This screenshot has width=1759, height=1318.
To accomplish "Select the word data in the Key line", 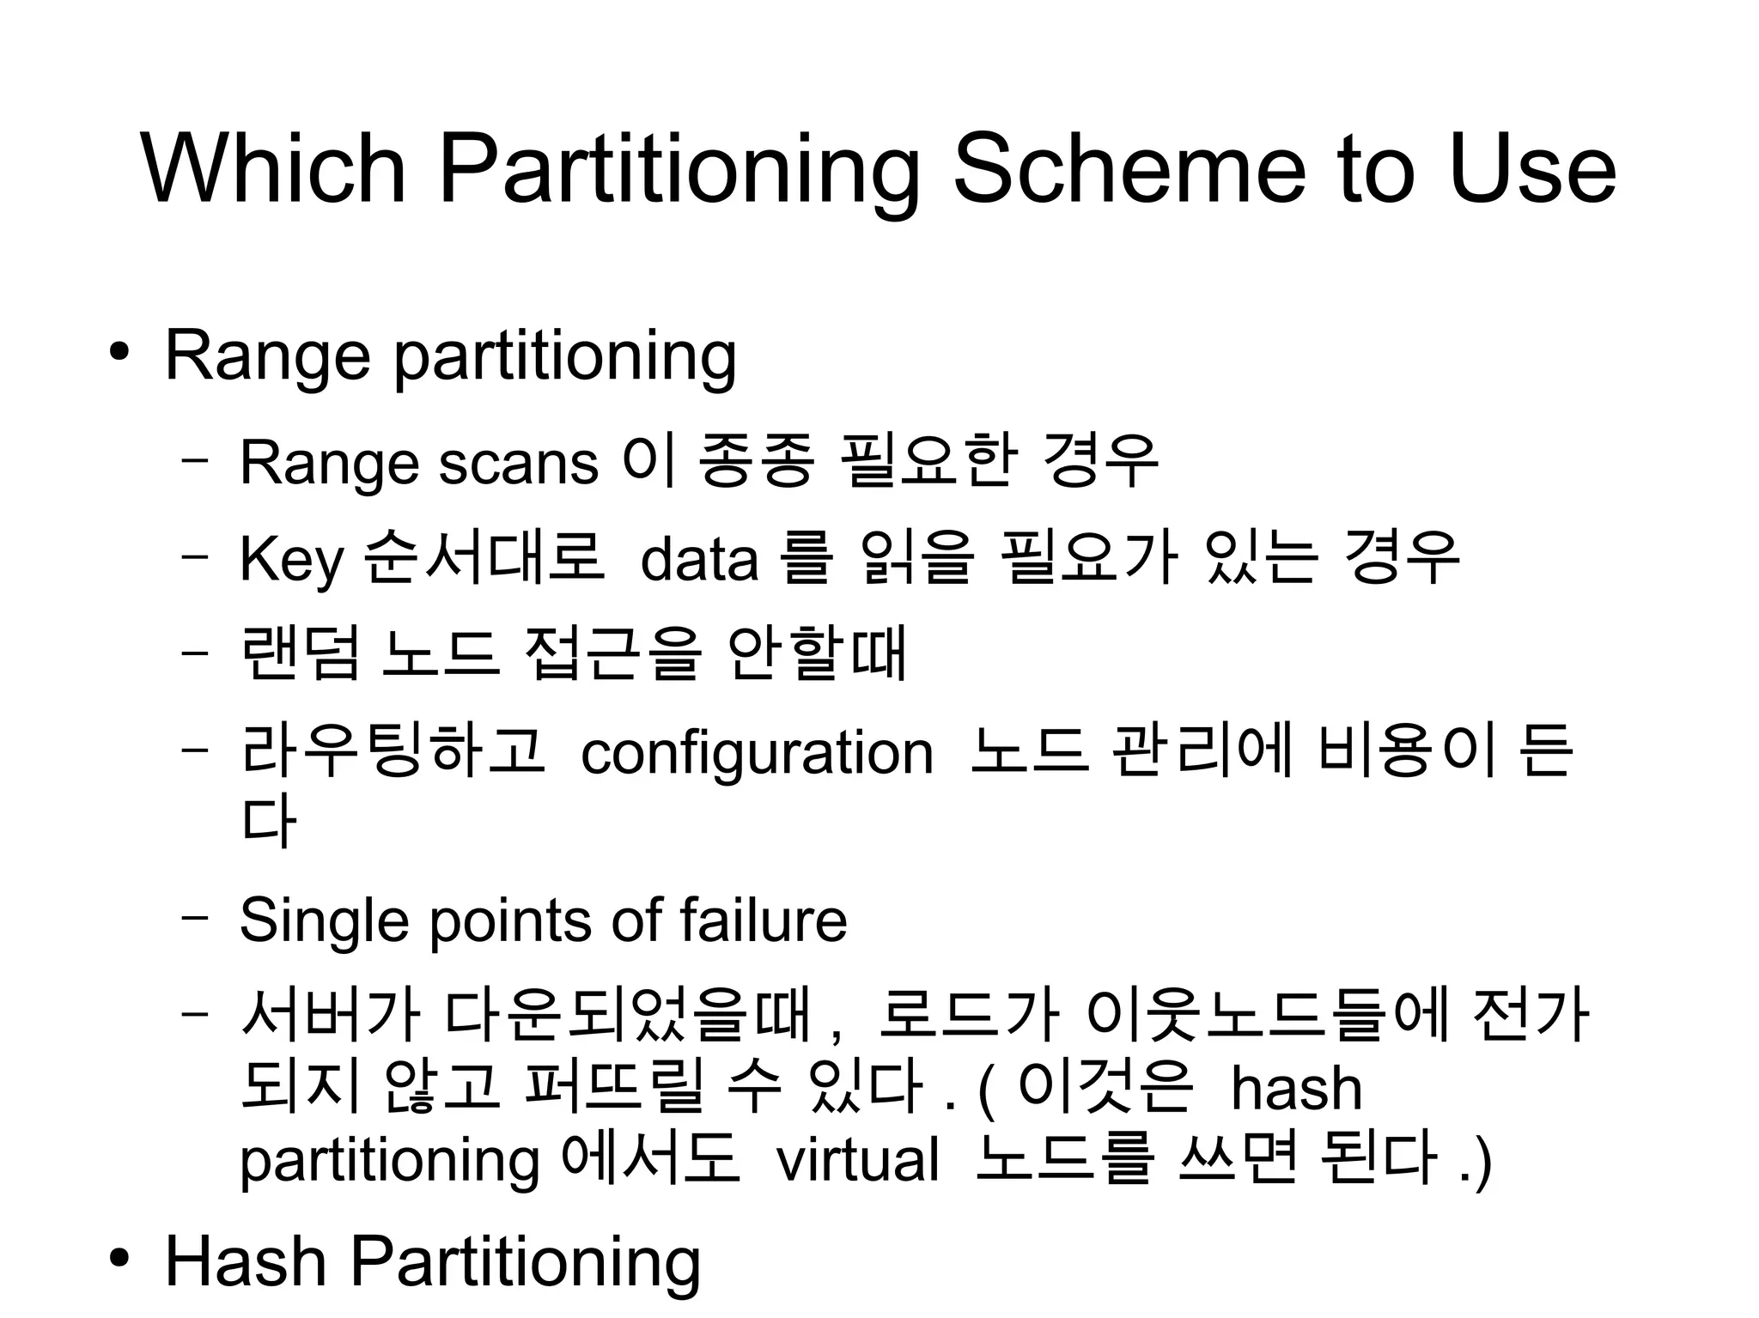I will pyautogui.click(x=699, y=560).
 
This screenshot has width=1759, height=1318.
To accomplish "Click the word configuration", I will pyautogui.click(x=757, y=753).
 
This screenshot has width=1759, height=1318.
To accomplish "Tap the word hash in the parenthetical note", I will pyautogui.click(x=1296, y=1089).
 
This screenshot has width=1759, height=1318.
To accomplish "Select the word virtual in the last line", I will pyautogui.click(x=856, y=1160).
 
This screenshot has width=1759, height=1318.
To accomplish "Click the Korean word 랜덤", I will pyautogui.click(x=300, y=654).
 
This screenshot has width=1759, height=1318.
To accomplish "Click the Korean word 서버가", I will pyautogui.click(x=331, y=1016).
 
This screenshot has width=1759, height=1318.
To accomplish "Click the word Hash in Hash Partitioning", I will pyautogui.click(x=246, y=1260).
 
